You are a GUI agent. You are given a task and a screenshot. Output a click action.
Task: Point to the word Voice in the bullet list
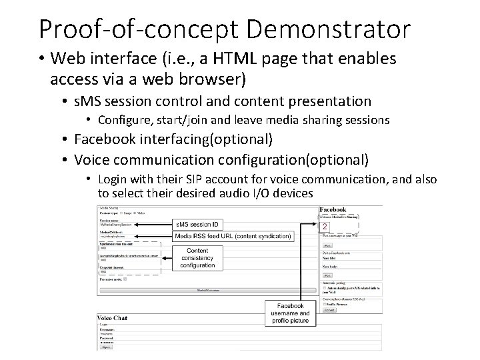click(x=93, y=159)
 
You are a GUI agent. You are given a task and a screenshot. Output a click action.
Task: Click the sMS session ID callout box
click(x=197, y=225)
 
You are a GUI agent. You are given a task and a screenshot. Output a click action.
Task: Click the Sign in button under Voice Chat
click(x=106, y=347)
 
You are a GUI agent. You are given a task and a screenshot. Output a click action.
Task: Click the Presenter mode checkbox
click(x=125, y=279)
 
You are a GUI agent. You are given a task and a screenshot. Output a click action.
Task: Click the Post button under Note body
click(x=327, y=275)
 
